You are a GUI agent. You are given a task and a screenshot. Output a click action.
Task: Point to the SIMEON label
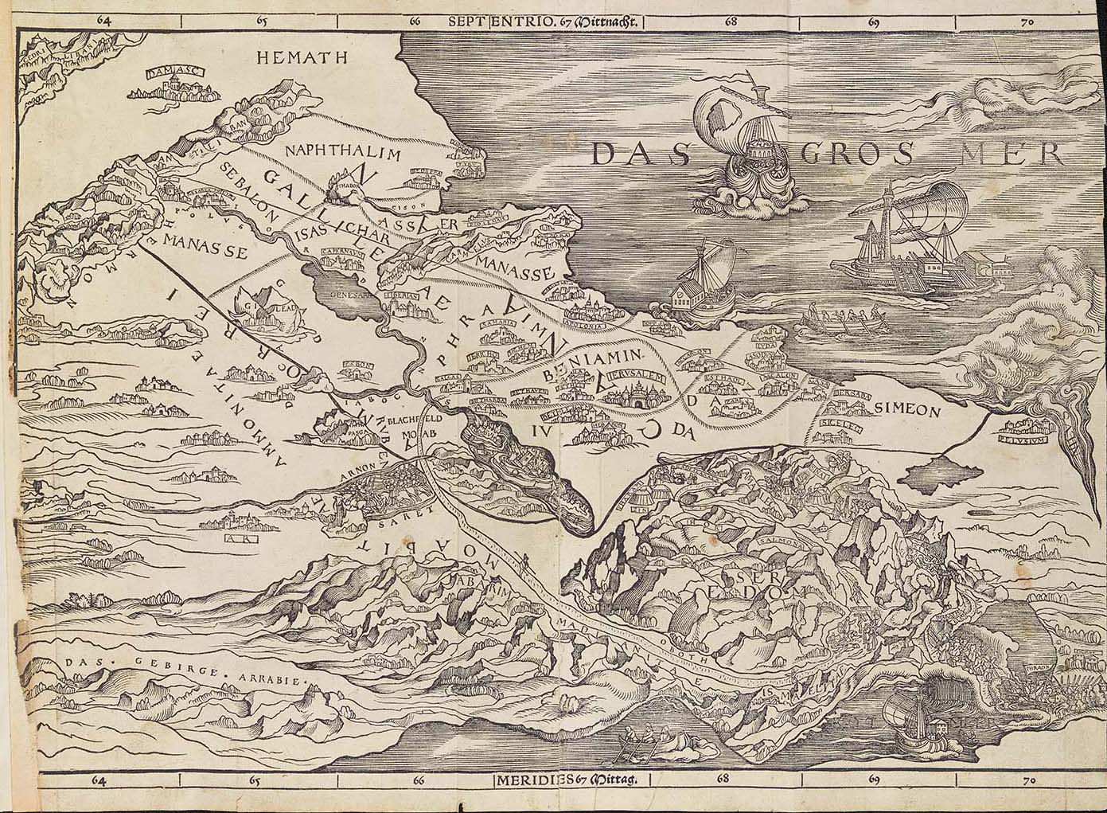click(907, 409)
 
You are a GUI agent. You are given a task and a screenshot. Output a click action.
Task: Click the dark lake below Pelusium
click(939, 478)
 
